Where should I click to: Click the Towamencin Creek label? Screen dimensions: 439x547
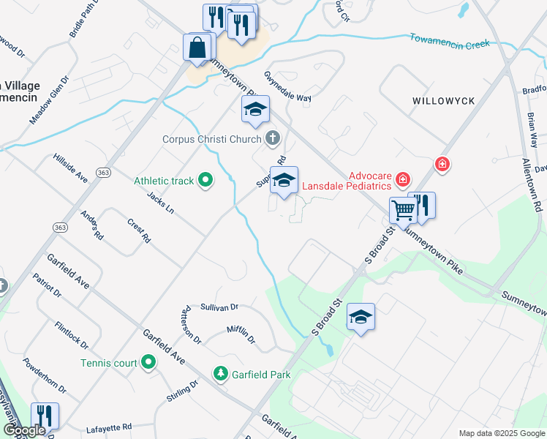pyautogui.click(x=449, y=41)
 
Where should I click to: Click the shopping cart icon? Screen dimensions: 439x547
pyautogui.click(x=403, y=210)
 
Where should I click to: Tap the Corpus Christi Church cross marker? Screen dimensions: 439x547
pyautogui.click(x=273, y=138)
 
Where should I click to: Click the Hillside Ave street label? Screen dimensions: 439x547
pyautogui.click(x=70, y=169)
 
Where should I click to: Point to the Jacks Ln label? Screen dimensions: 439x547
pyautogui.click(x=160, y=203)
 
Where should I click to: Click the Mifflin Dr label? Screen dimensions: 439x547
pyautogui.click(x=241, y=335)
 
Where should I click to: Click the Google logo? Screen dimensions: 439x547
pyautogui.click(x=23, y=431)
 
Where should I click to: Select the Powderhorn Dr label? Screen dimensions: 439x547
pyautogui.click(x=45, y=375)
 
